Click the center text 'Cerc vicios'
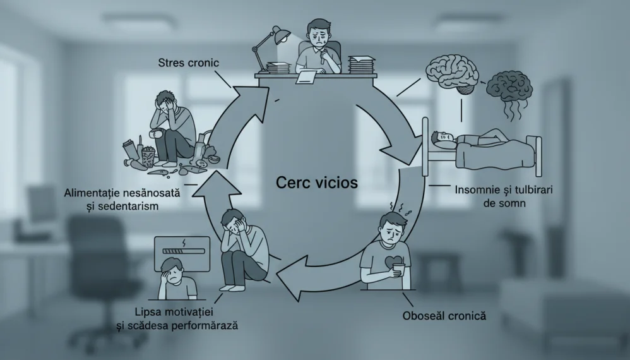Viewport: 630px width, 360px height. [317, 183]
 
